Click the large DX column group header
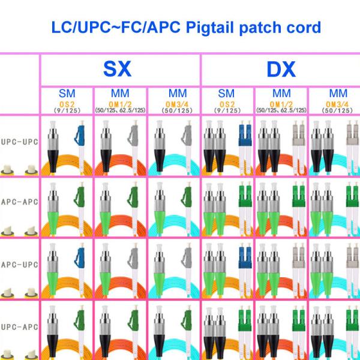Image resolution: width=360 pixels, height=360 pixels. (281, 70)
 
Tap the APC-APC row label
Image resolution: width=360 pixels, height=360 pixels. (19, 202)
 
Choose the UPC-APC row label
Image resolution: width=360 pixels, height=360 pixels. (19, 327)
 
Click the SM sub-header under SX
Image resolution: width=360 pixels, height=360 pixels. (67, 94)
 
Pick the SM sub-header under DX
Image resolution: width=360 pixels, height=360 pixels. (227, 94)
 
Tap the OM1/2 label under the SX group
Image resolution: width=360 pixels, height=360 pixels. (120, 103)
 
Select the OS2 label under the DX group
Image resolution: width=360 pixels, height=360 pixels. (227, 103)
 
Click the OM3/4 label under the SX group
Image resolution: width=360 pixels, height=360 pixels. (174, 103)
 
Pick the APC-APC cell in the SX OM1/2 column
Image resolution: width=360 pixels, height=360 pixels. (120, 207)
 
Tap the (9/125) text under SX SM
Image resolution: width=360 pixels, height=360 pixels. (67, 110)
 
